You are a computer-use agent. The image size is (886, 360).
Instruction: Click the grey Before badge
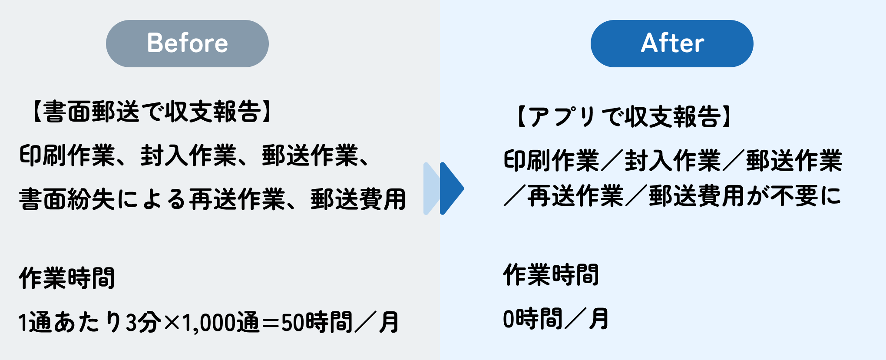187,43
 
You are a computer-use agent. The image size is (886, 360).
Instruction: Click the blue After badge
671,43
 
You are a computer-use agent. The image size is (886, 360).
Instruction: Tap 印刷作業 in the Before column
67,155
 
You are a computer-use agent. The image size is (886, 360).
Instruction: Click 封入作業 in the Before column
188,155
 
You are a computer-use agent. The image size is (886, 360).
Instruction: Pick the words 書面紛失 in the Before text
67,199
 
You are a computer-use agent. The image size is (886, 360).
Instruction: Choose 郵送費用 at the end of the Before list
358,199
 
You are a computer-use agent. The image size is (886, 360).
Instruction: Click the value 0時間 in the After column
532,319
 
